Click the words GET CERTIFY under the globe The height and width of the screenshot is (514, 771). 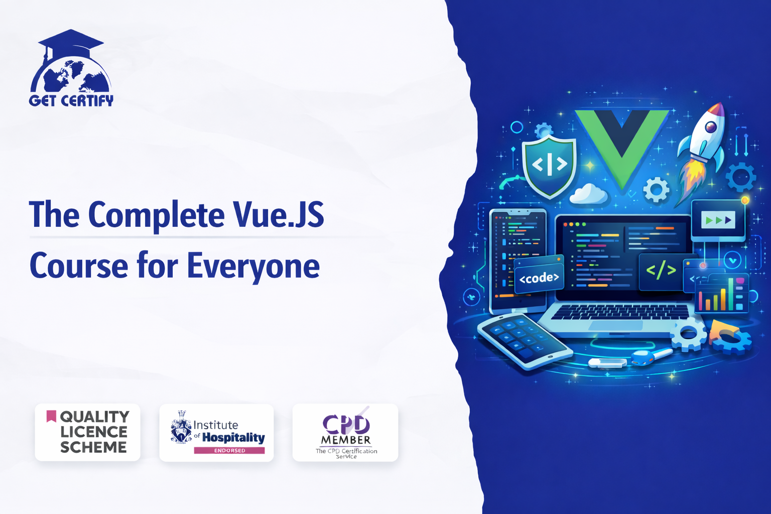click(71, 100)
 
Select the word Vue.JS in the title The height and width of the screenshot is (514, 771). click(278, 214)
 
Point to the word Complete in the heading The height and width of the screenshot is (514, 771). click(157, 216)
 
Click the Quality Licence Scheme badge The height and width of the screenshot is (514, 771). click(87, 432)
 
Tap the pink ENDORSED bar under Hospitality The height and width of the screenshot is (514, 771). click(229, 450)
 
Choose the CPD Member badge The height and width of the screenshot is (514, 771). click(345, 432)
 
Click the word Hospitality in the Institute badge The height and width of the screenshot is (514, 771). click(233, 438)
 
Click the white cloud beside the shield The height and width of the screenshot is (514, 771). click(588, 193)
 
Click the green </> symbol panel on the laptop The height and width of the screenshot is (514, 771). click(661, 271)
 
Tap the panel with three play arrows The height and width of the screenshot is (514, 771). click(718, 220)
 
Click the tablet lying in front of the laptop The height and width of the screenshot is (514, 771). click(525, 340)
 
